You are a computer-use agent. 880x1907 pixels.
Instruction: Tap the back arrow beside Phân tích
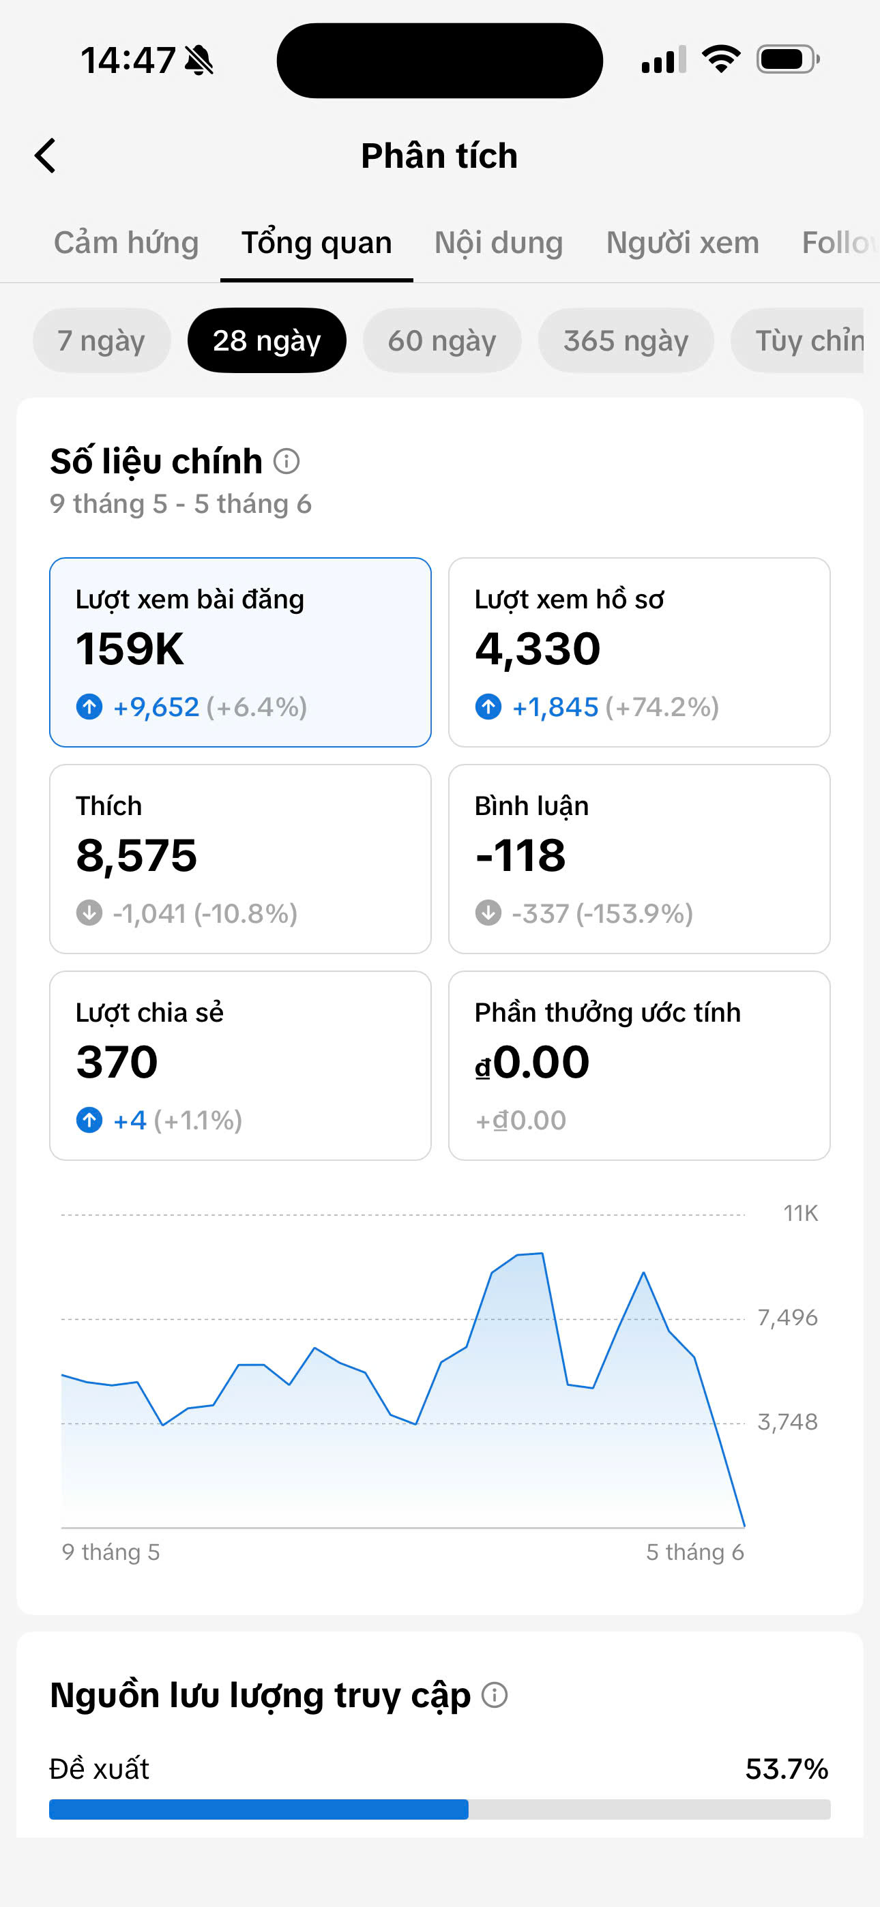click(45, 156)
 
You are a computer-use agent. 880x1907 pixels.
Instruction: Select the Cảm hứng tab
click(126, 243)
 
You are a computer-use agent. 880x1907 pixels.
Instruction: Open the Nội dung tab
click(499, 243)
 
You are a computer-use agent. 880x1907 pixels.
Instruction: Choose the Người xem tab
click(682, 243)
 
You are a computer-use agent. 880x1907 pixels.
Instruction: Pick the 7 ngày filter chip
click(102, 340)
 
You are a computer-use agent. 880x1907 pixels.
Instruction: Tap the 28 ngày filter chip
click(267, 340)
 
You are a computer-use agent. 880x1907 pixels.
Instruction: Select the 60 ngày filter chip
click(442, 340)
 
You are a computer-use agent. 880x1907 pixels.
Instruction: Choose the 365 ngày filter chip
click(626, 340)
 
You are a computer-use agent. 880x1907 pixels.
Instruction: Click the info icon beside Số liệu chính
click(287, 461)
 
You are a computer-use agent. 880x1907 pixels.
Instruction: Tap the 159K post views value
click(130, 649)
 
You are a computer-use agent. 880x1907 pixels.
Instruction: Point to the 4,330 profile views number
click(538, 649)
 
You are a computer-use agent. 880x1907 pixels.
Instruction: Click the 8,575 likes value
click(136, 856)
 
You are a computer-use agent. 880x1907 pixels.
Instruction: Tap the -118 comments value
click(520, 856)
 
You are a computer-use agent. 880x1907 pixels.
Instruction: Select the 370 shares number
click(117, 1063)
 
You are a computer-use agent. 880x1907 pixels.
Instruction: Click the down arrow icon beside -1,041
click(89, 913)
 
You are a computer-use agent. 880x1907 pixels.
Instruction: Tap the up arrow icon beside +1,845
click(488, 706)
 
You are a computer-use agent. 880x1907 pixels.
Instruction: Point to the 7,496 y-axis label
click(787, 1318)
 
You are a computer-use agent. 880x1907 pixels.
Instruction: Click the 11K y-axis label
click(801, 1213)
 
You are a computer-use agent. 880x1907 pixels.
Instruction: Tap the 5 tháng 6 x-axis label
click(695, 1552)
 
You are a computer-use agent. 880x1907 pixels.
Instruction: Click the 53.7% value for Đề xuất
click(787, 1769)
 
